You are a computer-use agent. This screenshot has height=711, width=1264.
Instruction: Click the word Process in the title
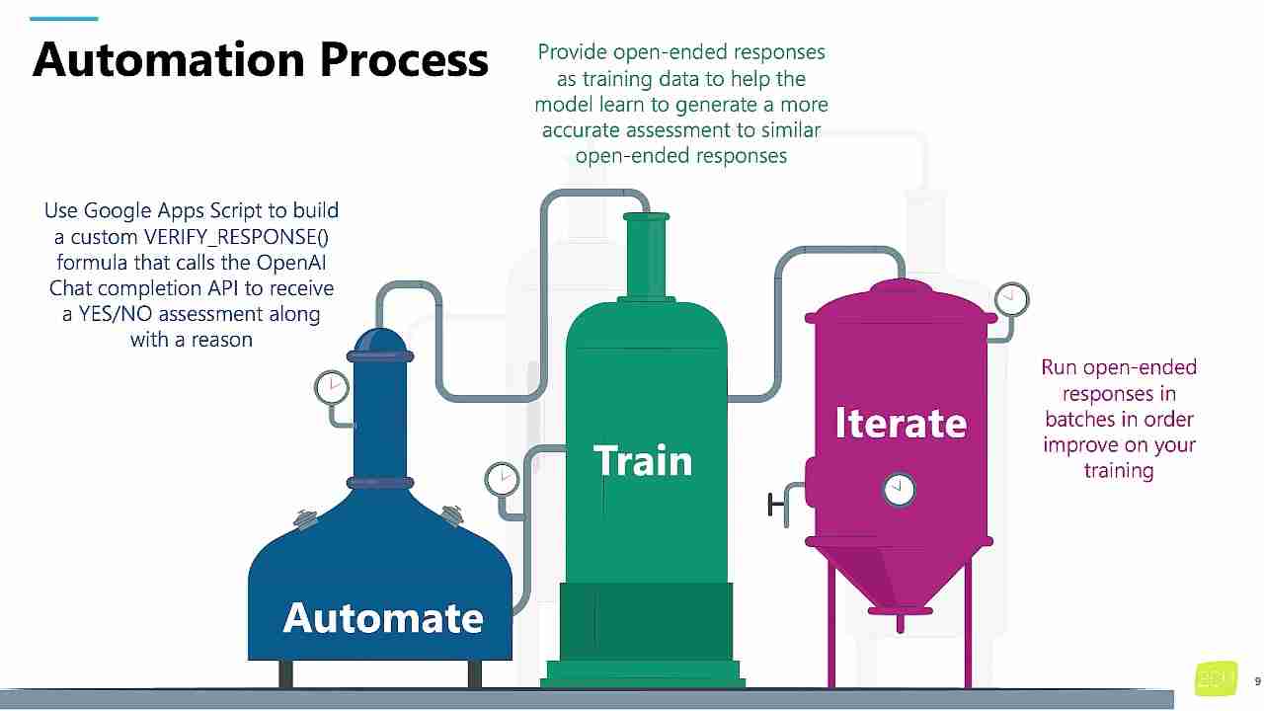(404, 59)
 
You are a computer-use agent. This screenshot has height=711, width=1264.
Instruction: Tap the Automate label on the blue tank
(383, 618)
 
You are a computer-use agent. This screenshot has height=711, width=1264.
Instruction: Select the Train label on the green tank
(643, 461)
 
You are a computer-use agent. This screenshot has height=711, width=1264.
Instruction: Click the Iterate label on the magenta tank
(901, 423)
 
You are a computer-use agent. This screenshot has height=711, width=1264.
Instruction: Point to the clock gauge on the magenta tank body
(899, 488)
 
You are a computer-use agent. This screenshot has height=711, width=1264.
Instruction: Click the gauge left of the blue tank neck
(332, 387)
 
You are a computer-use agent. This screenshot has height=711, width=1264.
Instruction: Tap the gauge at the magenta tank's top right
(1011, 298)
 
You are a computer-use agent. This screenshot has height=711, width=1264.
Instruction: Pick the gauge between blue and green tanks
(502, 480)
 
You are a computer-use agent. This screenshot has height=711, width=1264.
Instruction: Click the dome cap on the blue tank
(380, 340)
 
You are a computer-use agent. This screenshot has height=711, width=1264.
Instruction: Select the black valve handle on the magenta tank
(773, 505)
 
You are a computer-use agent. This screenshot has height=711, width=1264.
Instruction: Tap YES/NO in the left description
(115, 314)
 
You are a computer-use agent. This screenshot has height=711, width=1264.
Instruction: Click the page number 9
(1257, 681)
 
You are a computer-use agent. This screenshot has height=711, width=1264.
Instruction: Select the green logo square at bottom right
(1216, 678)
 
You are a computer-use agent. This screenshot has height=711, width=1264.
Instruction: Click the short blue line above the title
(65, 18)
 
